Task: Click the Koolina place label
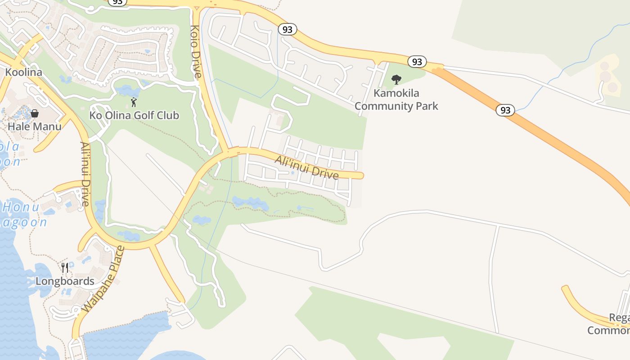pyautogui.click(x=23, y=72)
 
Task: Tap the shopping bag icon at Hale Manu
pyautogui.click(x=35, y=113)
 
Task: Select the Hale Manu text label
pyautogui.click(x=35, y=126)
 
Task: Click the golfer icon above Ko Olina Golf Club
pyautogui.click(x=134, y=102)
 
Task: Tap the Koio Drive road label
pyautogui.click(x=195, y=51)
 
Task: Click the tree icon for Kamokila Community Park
pyautogui.click(x=396, y=80)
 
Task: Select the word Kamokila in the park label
pyautogui.click(x=396, y=94)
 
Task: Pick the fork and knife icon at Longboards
pyautogui.click(x=65, y=268)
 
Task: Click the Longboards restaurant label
pyautogui.click(x=65, y=281)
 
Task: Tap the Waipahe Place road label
pyautogui.click(x=103, y=279)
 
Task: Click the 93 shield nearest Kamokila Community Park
pyautogui.click(x=417, y=62)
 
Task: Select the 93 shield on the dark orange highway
pyautogui.click(x=505, y=110)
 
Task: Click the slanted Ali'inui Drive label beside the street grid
pyautogui.click(x=306, y=168)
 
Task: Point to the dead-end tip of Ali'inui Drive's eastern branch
pyautogui.click(x=361, y=175)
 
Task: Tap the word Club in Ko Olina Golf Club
pyautogui.click(x=167, y=115)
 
